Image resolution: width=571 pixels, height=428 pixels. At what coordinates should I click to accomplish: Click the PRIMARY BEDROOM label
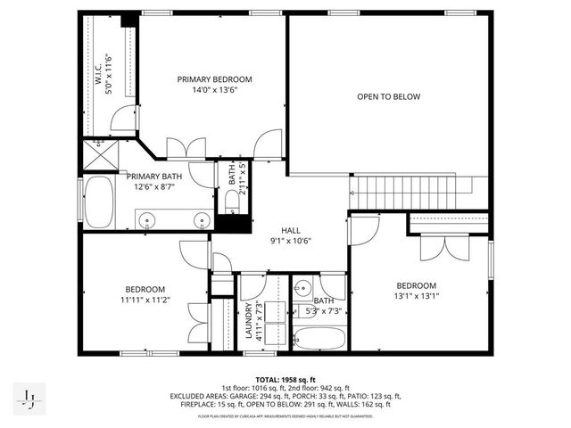pos(214,79)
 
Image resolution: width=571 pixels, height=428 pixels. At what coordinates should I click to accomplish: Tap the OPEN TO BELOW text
pos(388,96)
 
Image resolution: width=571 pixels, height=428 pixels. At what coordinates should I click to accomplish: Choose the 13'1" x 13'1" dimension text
pos(417,297)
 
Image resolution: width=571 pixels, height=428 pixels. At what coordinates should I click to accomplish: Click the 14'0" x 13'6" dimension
pos(214,90)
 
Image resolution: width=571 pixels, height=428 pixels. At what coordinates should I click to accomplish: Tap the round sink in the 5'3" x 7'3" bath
pos(302,288)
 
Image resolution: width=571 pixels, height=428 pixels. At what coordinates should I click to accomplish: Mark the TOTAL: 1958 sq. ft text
pos(285,379)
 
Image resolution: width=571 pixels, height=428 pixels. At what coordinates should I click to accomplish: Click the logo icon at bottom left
pos(29,398)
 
